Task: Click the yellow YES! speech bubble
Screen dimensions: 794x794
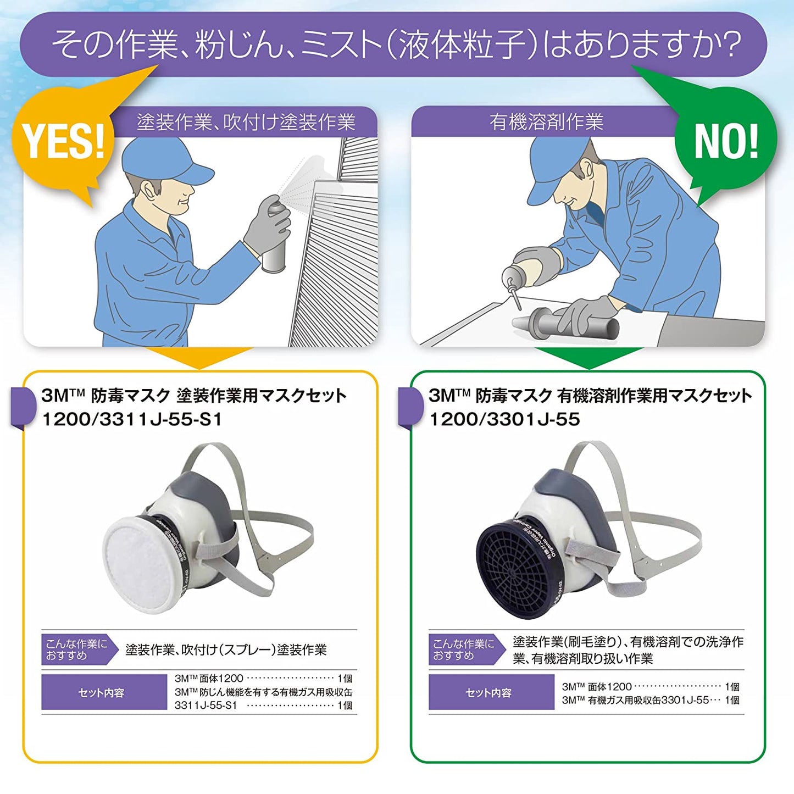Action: click(63, 142)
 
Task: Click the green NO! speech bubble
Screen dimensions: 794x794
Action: click(726, 142)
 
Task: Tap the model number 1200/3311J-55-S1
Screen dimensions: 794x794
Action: click(132, 419)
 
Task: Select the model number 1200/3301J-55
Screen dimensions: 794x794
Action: click(504, 419)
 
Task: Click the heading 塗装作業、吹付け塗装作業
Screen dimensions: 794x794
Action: click(246, 122)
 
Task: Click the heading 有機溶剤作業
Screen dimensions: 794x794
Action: click(546, 122)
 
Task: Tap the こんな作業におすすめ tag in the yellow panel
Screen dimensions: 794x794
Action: click(77, 649)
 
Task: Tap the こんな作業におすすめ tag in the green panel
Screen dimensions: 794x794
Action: click(464, 649)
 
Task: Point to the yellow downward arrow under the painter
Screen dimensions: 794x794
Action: click(200, 358)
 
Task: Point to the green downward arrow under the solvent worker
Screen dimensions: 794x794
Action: click(587, 358)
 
